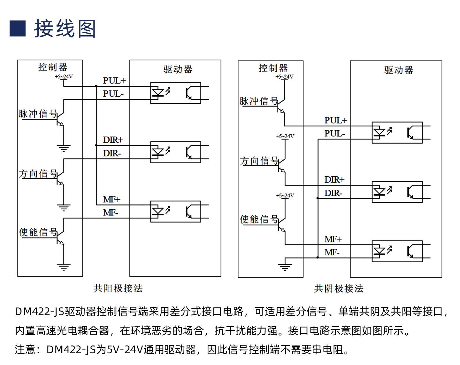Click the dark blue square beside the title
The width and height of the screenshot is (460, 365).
point(18,28)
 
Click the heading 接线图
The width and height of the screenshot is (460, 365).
point(65,28)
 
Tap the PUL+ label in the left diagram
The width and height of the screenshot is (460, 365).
point(114,81)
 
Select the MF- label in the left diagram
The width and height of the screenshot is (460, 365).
point(111,213)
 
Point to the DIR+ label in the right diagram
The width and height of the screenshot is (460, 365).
point(334,179)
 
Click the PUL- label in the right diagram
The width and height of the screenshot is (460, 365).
point(334,133)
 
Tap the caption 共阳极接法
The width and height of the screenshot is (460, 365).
point(118,288)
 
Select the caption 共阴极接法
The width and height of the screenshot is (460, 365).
point(339,289)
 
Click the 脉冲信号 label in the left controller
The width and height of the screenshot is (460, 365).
point(38,114)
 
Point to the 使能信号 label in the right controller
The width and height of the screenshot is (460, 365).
point(259,219)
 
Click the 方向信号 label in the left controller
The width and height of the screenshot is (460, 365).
point(38,173)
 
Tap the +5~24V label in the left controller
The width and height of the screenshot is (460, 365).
point(64,77)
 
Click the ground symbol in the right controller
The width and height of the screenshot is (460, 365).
point(285,267)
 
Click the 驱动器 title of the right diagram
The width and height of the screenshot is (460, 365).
point(399,70)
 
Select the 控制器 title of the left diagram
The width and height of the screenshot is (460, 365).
point(53,67)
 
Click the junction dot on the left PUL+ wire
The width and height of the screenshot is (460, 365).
point(96,86)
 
